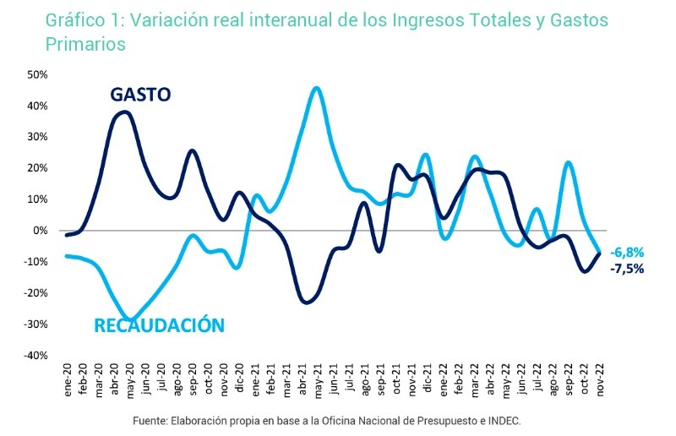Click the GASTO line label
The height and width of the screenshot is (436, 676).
140,94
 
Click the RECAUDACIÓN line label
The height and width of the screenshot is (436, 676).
159,324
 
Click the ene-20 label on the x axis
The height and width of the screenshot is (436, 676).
68,379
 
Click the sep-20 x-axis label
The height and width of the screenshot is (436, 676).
193,379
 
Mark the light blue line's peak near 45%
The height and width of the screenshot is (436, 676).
316,88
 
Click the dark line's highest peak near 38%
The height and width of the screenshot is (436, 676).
125,112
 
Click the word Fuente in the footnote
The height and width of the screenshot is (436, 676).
153,420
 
